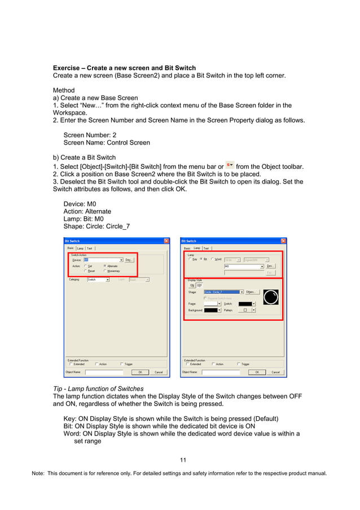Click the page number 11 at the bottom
coord(183,460)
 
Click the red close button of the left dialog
coord(166,241)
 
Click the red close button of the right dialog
coord(283,241)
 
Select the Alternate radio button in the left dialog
coord(105,265)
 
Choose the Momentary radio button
coord(105,271)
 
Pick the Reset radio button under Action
coord(85,271)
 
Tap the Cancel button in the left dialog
coord(159,372)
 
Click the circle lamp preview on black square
coord(270,297)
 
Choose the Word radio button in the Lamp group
coord(212,259)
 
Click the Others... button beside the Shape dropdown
coord(252,292)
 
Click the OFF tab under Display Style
coord(199,285)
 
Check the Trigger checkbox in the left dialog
coord(122,364)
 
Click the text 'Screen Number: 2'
coord(91,135)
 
